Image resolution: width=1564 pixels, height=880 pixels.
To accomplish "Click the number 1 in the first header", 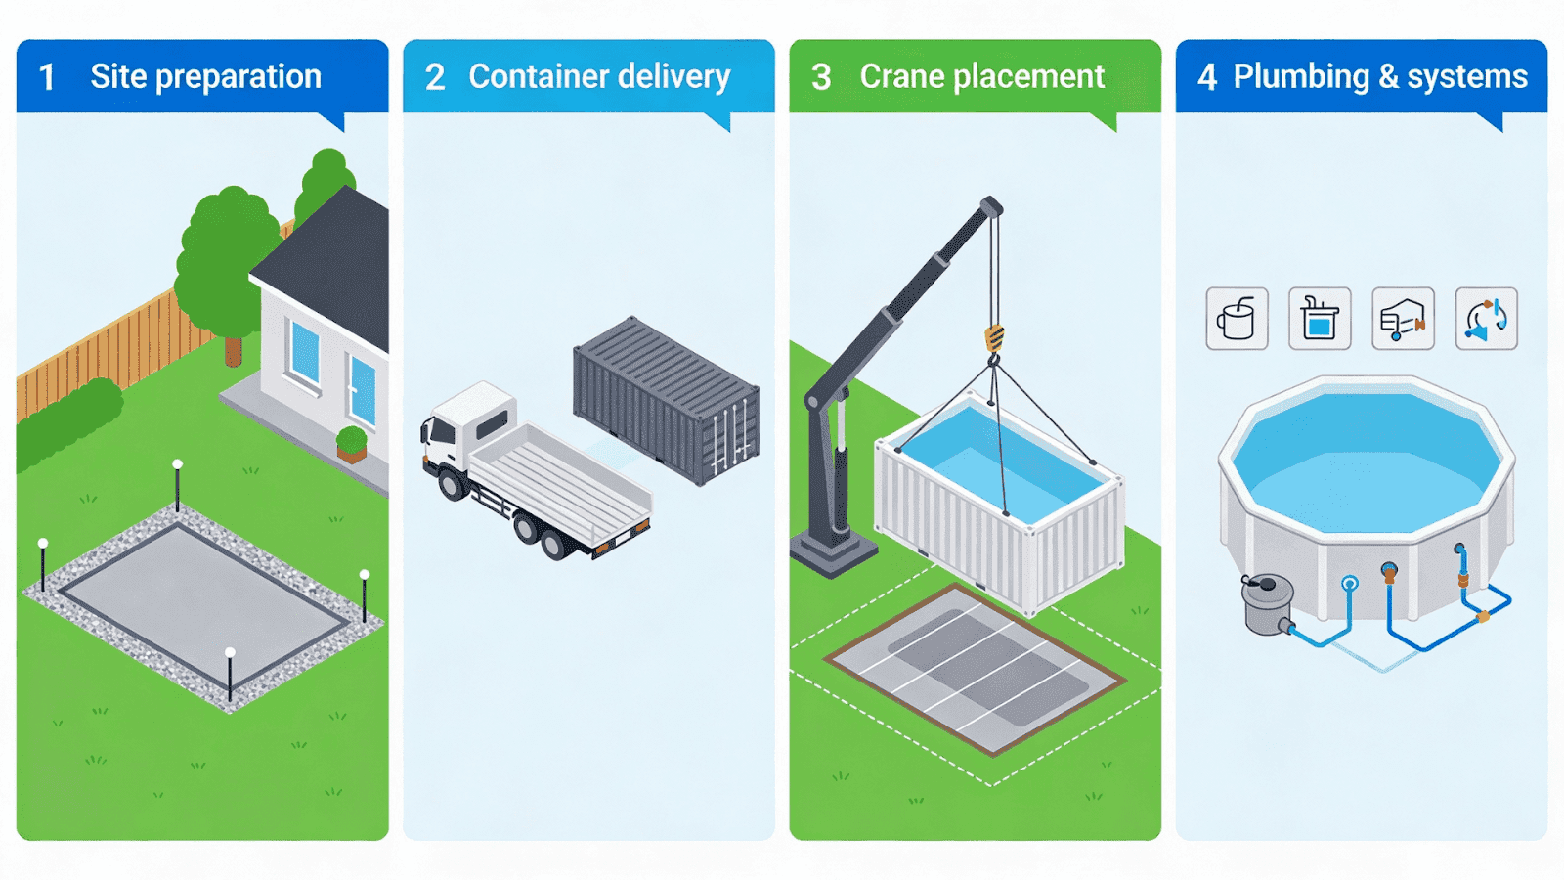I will click(46, 77).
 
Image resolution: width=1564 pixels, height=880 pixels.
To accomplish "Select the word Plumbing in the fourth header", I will click(1301, 76).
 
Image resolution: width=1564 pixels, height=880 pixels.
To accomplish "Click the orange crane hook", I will click(994, 338).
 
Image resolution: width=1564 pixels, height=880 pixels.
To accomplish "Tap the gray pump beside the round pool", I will click(1267, 603).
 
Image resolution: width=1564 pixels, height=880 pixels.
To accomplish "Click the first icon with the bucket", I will click(1237, 319).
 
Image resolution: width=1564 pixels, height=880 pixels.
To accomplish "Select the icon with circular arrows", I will click(1486, 319).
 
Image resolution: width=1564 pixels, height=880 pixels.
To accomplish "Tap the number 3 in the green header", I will click(821, 77).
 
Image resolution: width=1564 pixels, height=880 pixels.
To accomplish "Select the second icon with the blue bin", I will click(1320, 319).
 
